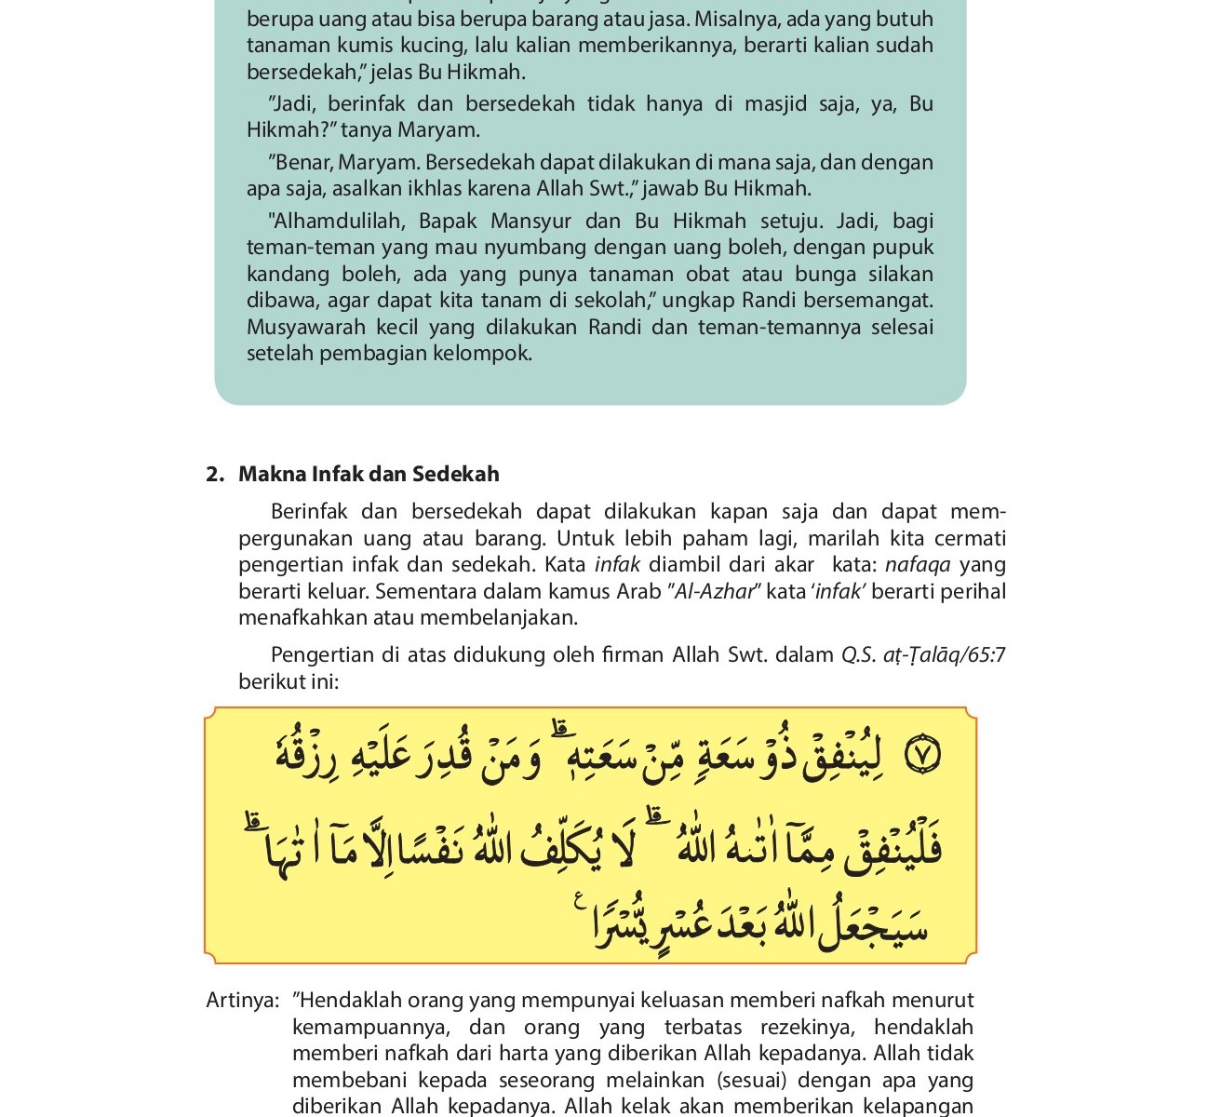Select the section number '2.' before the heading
pyautogui.click(x=215, y=475)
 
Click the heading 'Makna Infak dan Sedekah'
pyautogui.click(x=369, y=475)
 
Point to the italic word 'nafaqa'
pyautogui.click(x=918, y=565)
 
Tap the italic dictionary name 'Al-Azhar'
pyautogui.click(x=713, y=592)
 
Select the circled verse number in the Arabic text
pyautogui.click(x=922, y=755)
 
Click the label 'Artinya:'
pyautogui.click(x=243, y=1001)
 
